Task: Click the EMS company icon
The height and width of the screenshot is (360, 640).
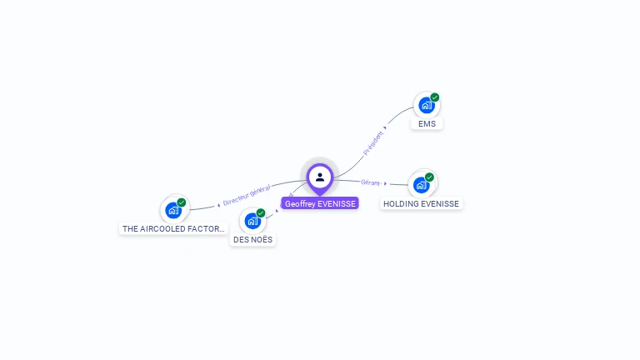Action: coord(426,106)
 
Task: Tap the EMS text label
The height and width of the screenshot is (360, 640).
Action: coord(427,124)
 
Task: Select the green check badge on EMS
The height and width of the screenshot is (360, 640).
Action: coord(435,97)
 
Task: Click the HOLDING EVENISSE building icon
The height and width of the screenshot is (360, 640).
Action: coord(421,185)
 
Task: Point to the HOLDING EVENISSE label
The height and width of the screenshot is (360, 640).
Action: coord(421,204)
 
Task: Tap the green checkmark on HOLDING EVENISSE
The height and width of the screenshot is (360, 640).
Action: coord(429,177)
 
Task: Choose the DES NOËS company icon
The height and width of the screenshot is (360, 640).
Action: coord(252,221)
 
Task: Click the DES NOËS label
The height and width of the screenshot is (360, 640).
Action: coord(252,240)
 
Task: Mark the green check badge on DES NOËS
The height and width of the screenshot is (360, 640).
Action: coord(261,213)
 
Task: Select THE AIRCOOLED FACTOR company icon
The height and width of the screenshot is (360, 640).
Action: coord(173,210)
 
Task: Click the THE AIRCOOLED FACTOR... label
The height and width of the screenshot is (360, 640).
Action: coord(173,229)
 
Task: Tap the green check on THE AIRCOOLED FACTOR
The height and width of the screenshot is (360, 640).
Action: coord(182,202)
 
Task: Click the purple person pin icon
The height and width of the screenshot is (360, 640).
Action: coord(320,177)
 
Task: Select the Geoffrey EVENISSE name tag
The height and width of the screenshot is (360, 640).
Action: coord(320,203)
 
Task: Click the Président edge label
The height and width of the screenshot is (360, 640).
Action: coord(373,142)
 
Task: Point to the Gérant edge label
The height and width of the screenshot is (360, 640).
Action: coord(370,182)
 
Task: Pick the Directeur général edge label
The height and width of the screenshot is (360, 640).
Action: coord(247,195)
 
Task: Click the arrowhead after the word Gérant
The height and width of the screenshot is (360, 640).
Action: coord(385,183)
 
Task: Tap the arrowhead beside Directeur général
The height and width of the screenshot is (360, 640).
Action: coord(218,203)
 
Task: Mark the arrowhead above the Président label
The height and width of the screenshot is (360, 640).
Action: coord(385,127)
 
